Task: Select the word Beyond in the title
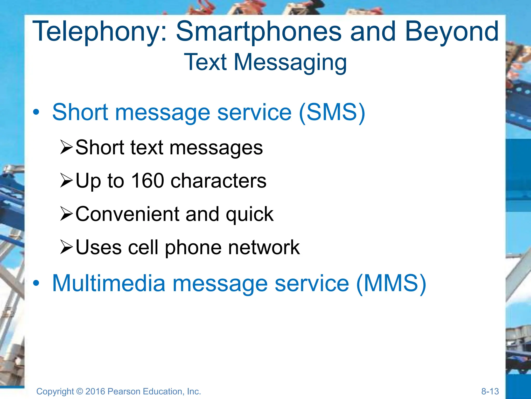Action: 452,32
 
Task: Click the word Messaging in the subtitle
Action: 290,62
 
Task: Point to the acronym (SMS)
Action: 332,112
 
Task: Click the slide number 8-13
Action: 490,391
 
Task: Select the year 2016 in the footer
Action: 95,391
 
